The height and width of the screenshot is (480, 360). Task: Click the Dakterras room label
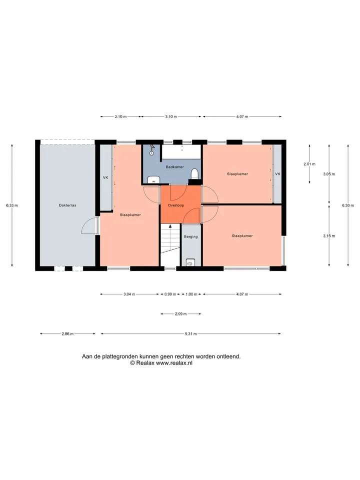pos(67,205)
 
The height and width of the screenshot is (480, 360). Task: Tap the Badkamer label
pos(175,167)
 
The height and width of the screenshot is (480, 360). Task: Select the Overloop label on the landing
pos(176,205)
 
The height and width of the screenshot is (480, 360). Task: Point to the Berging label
pos(190,236)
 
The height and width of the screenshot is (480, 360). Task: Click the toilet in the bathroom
pos(194,173)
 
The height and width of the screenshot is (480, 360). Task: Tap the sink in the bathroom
pos(153,179)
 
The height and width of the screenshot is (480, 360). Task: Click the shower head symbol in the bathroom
pos(152,150)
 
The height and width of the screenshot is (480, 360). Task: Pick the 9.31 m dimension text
pos(190,333)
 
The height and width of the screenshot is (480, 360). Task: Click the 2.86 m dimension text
pos(67,333)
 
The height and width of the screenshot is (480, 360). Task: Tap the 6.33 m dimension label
pos(12,205)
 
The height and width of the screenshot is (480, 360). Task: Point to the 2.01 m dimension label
pos(309,164)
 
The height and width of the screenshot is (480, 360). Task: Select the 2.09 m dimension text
pos(180,314)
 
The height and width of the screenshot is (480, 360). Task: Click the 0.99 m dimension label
pos(170,294)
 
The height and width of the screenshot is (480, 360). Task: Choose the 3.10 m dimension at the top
pos(171,116)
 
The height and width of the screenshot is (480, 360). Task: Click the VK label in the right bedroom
pos(277,174)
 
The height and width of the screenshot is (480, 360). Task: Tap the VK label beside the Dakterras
pos(105,177)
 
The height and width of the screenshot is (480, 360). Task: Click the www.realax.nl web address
pos(174,363)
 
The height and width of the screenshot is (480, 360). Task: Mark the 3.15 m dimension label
pos(329,236)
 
